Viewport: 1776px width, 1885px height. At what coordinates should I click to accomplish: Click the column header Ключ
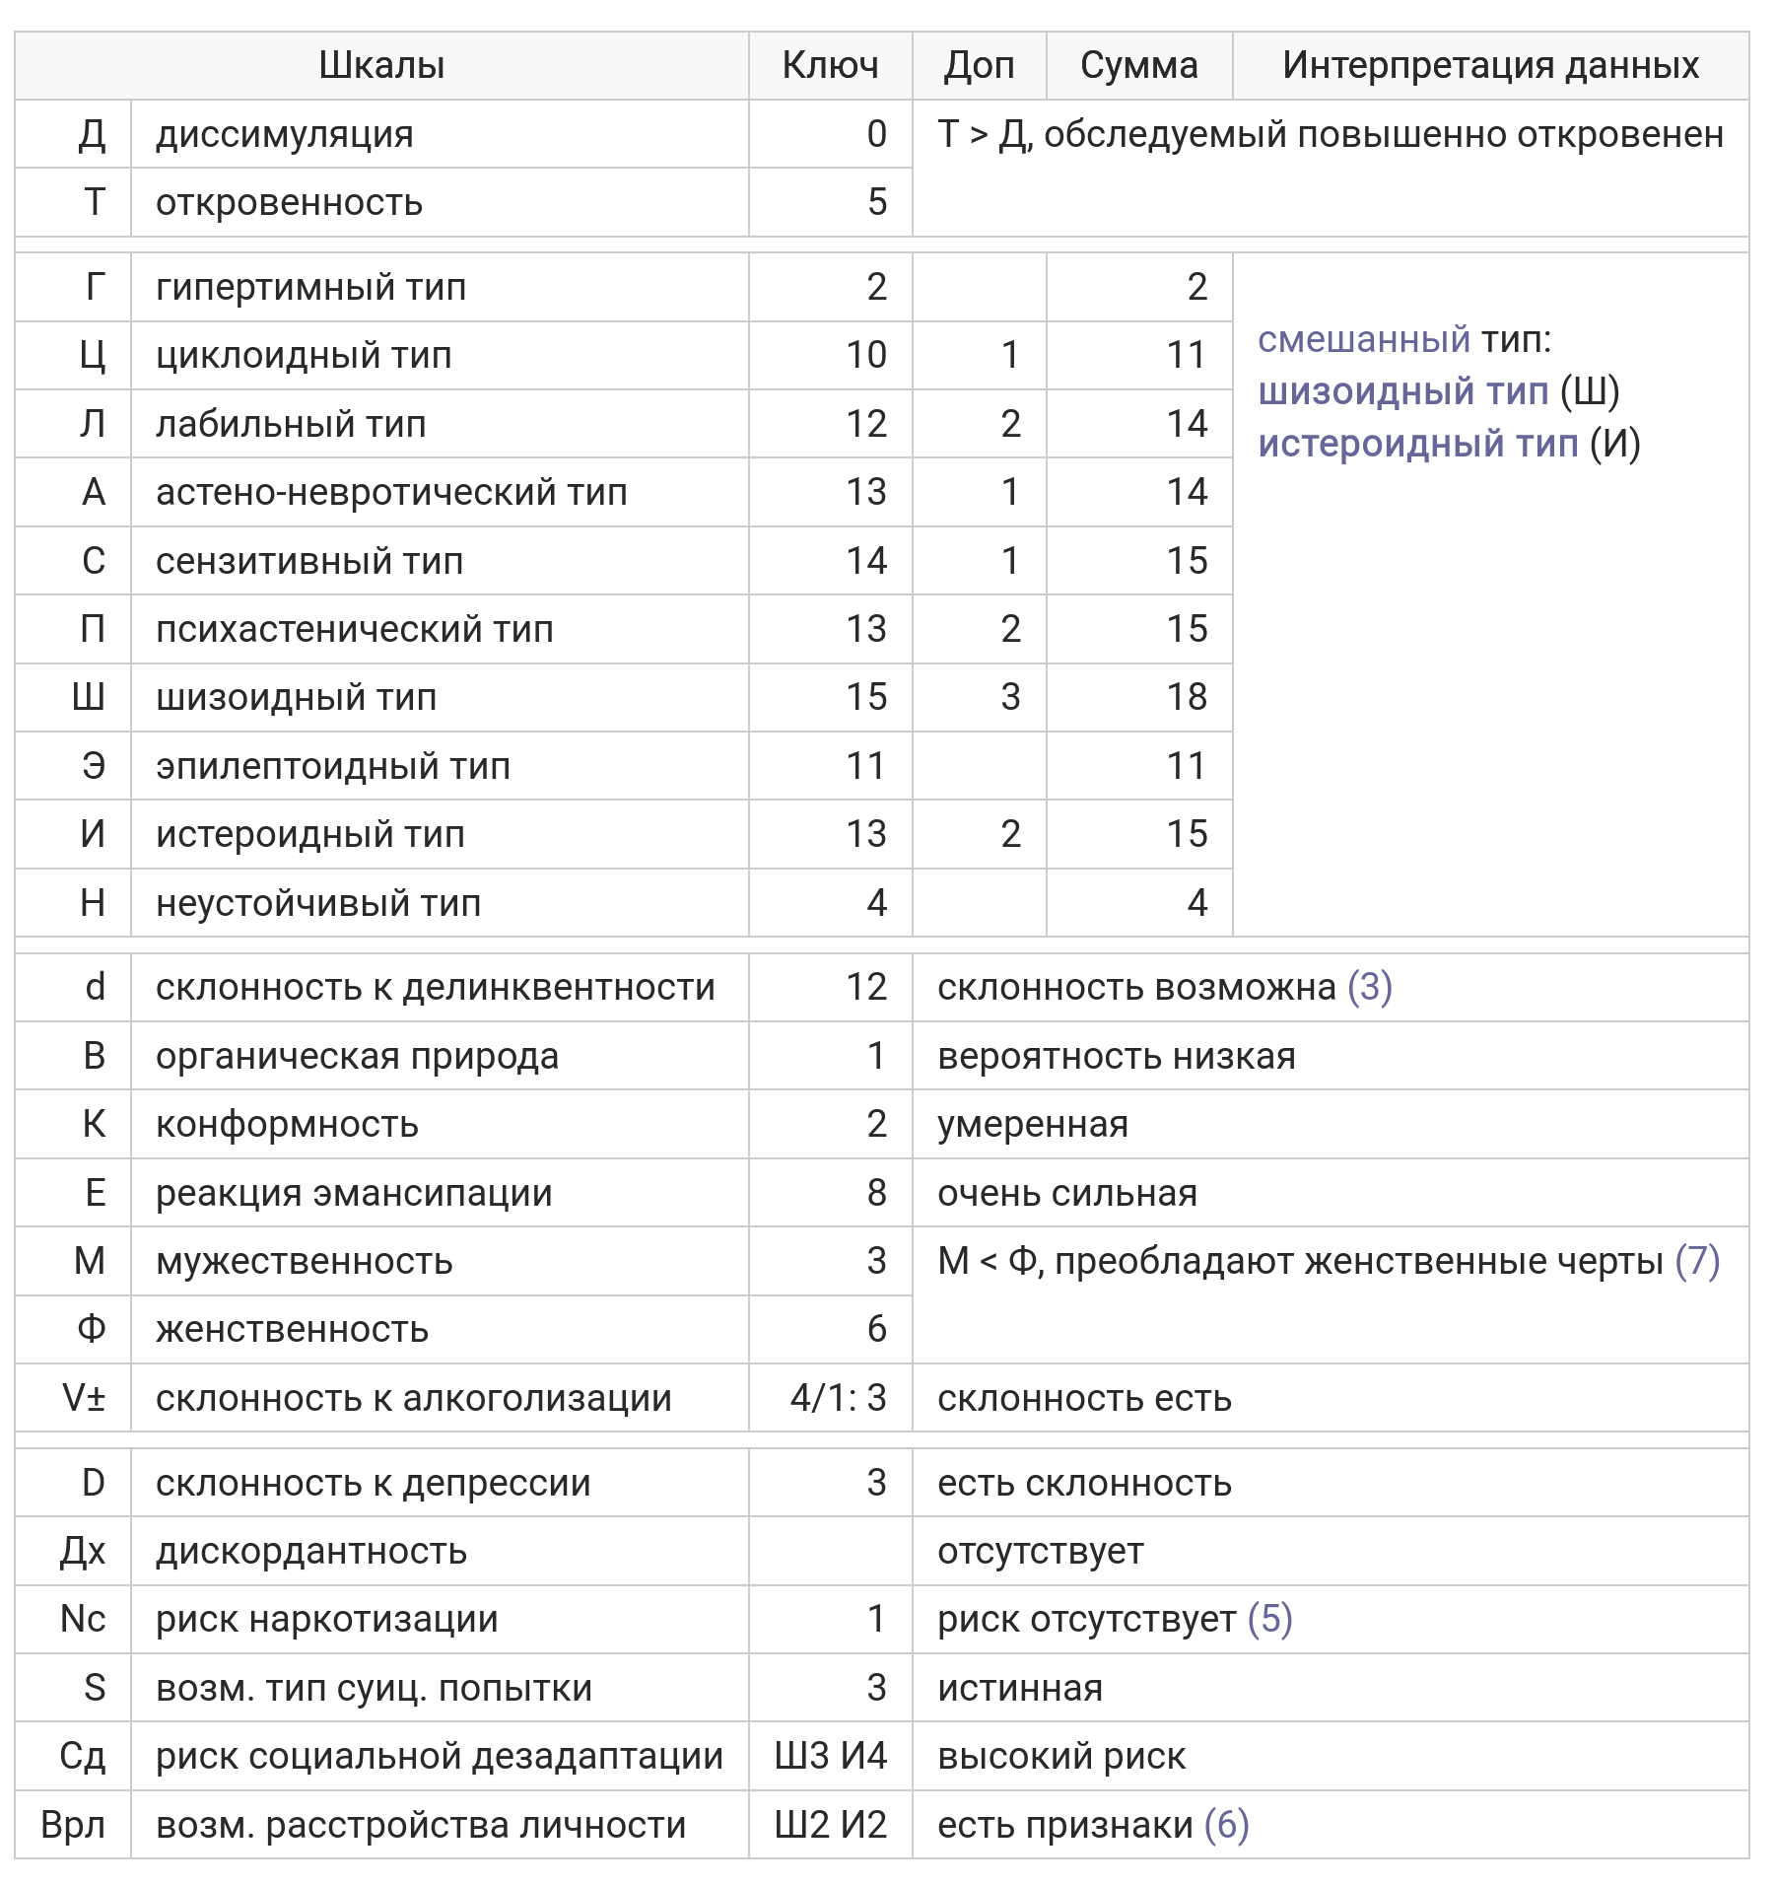(x=830, y=65)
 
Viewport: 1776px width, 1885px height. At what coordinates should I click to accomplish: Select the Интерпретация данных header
(x=1490, y=65)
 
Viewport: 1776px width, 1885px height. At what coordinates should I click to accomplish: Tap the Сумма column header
(x=1138, y=65)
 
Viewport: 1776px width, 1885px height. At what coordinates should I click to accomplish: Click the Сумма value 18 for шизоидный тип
(x=1187, y=697)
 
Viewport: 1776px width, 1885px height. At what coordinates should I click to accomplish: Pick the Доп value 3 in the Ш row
(x=1010, y=697)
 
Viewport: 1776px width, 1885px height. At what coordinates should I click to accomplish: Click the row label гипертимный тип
(x=310, y=287)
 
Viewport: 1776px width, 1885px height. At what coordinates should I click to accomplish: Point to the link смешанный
(x=1363, y=339)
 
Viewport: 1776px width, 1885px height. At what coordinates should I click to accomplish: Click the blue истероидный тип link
(x=1417, y=444)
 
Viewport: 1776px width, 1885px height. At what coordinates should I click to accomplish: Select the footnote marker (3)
(x=1369, y=987)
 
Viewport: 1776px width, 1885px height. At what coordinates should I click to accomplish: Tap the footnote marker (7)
(x=1697, y=1261)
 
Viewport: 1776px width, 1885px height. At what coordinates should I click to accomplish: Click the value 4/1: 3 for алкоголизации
(x=838, y=1398)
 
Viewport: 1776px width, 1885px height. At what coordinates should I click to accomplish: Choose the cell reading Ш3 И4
(x=830, y=1756)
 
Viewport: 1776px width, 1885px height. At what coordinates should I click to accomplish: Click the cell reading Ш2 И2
(x=830, y=1825)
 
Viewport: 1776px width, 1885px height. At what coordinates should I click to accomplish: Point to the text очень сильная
(x=1067, y=1193)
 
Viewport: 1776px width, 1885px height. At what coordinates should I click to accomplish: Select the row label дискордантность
(x=311, y=1552)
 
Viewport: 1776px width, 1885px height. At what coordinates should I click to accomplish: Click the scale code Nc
(x=83, y=1619)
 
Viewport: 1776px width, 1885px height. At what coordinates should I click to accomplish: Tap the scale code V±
(x=83, y=1398)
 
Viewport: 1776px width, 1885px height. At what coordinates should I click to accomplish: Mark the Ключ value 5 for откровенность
(x=876, y=202)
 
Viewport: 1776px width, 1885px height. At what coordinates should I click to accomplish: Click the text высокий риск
(x=1061, y=1756)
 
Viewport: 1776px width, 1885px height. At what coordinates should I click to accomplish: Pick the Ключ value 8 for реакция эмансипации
(x=876, y=1193)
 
